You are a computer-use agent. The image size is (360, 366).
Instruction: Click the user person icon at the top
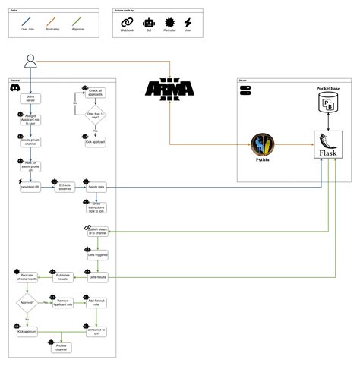point(30,61)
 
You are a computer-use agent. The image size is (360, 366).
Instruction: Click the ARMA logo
point(169,90)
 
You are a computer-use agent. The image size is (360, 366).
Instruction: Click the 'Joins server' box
point(30,99)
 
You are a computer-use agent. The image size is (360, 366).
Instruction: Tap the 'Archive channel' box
point(63,347)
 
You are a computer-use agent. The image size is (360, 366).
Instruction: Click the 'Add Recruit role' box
point(99,301)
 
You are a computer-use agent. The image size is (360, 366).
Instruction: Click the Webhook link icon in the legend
point(127,24)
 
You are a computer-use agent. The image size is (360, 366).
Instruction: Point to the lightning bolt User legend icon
point(187,24)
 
